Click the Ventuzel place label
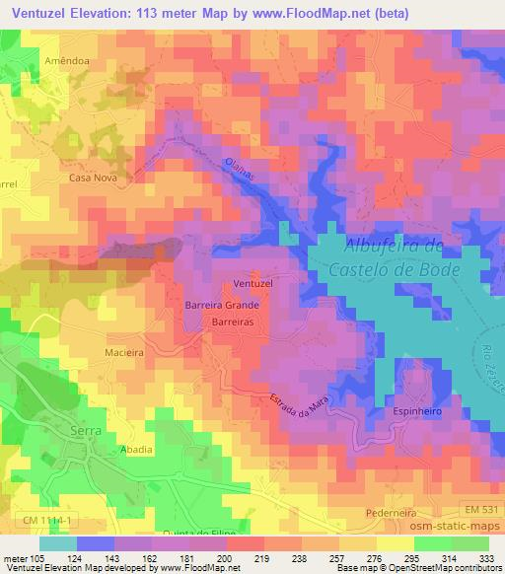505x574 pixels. pos(253,284)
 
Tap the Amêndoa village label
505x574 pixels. pos(66,61)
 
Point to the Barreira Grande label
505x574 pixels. pos(222,306)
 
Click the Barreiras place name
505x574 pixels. pos(234,323)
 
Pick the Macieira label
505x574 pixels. pos(125,350)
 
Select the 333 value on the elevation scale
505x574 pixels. pos(488,557)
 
